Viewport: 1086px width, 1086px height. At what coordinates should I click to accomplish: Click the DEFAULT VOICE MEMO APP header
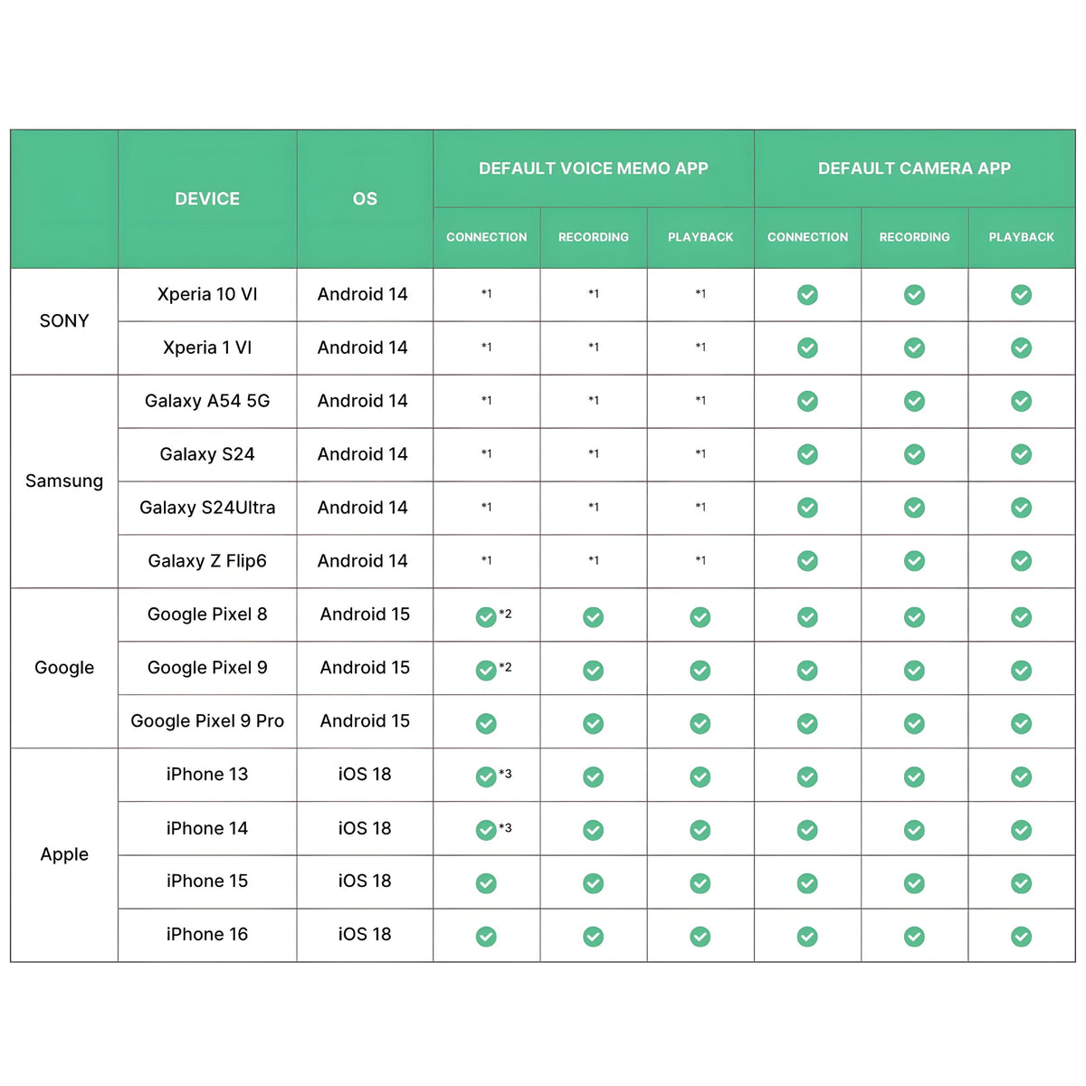(593, 168)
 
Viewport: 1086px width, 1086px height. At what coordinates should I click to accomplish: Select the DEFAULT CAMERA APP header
(914, 168)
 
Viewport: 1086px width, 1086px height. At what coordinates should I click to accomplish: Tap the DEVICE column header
(207, 199)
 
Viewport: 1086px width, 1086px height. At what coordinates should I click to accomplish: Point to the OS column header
(365, 199)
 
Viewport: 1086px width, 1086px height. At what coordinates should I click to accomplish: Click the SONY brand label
(64, 321)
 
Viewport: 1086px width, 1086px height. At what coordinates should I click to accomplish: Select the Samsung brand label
(64, 481)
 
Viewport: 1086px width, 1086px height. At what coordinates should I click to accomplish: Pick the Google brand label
(64, 668)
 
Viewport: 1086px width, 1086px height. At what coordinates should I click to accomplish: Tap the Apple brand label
(64, 854)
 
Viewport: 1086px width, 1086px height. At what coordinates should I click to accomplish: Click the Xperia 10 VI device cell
(207, 294)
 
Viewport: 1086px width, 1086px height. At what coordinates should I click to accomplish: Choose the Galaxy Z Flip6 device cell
(207, 561)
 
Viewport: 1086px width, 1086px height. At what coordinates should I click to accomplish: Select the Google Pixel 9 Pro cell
(207, 721)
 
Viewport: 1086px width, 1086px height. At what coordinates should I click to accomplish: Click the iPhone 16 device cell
(207, 935)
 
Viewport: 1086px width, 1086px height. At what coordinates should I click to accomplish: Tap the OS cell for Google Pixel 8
(365, 614)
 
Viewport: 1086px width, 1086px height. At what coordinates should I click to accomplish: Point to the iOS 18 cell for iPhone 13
(365, 775)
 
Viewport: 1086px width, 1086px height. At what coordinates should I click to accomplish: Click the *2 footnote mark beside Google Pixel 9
(506, 667)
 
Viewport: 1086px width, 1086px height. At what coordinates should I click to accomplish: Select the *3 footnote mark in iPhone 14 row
(506, 827)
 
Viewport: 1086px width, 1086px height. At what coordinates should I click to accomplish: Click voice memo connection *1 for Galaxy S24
(487, 453)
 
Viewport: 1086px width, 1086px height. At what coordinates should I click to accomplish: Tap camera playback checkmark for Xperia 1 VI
(1021, 348)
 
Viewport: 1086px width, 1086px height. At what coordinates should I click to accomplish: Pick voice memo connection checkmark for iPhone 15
(486, 883)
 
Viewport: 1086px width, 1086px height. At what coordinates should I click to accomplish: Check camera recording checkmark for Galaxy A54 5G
(914, 401)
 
